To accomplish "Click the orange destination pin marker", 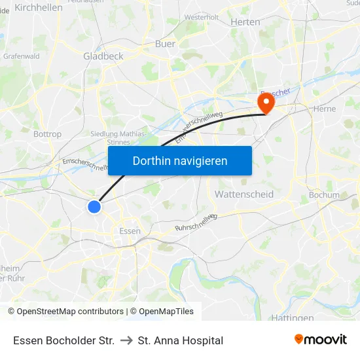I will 266,103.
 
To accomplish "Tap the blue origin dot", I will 94,207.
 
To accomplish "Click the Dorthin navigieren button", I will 180,160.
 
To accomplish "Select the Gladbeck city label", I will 103,56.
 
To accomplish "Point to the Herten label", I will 245,22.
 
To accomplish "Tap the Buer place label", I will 165,44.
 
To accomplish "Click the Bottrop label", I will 47,134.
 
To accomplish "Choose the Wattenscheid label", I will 244,194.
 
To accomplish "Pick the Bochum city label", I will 324,195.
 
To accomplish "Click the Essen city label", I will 130,231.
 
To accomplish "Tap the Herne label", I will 325,109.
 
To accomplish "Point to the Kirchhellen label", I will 38,7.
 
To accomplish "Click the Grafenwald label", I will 22,56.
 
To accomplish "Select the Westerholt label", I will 202,17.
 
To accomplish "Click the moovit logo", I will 321,340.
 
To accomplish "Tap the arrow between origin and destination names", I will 126,340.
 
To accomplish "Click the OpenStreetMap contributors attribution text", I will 70,312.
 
